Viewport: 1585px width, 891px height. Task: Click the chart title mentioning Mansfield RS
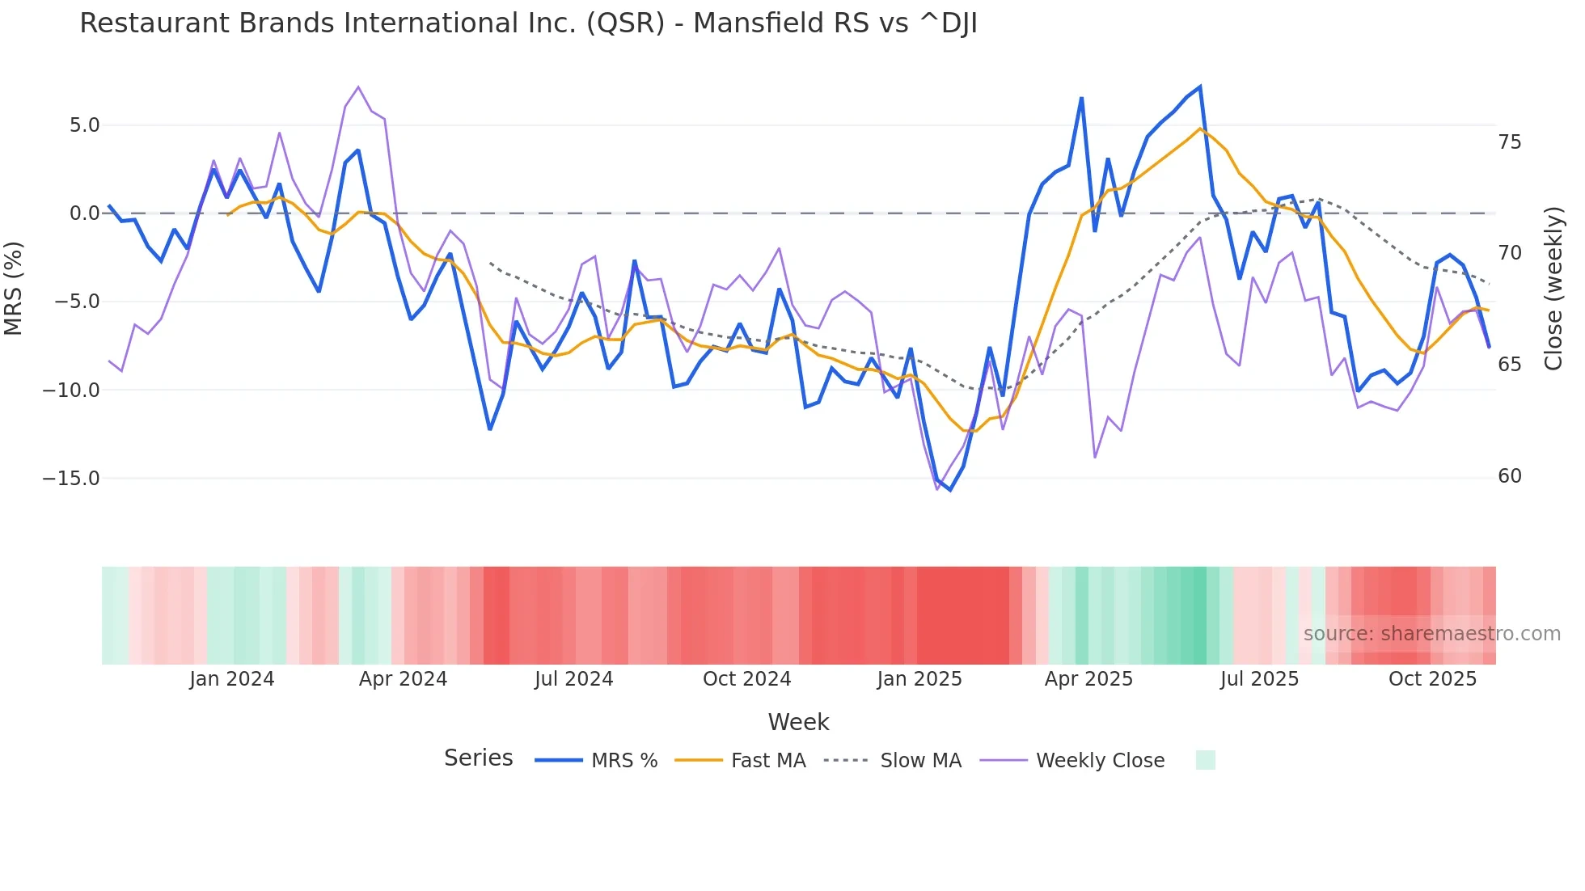pos(528,23)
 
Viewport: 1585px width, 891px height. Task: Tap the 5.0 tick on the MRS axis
pos(84,125)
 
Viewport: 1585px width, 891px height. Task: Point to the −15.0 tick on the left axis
pos(71,478)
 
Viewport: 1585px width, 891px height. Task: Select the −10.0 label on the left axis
pos(71,390)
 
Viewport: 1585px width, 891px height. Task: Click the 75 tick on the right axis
pos(1509,142)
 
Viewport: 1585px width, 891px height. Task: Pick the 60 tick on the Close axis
pos(1509,476)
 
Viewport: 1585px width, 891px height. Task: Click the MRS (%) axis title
pos(14,288)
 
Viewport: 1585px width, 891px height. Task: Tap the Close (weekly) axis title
pos(1553,288)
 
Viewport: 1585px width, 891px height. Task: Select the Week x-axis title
pos(798,722)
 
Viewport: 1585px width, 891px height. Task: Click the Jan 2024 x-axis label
pos(232,679)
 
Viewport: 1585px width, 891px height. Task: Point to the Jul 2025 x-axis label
pos(1259,679)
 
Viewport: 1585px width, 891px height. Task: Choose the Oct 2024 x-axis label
pos(746,679)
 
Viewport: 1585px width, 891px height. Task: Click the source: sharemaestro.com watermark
pos(1431,634)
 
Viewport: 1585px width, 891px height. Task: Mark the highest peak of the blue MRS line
pos(1200,87)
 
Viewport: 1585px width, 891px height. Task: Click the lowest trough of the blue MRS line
pos(950,490)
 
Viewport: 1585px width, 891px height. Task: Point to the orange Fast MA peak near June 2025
pos(1201,129)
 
